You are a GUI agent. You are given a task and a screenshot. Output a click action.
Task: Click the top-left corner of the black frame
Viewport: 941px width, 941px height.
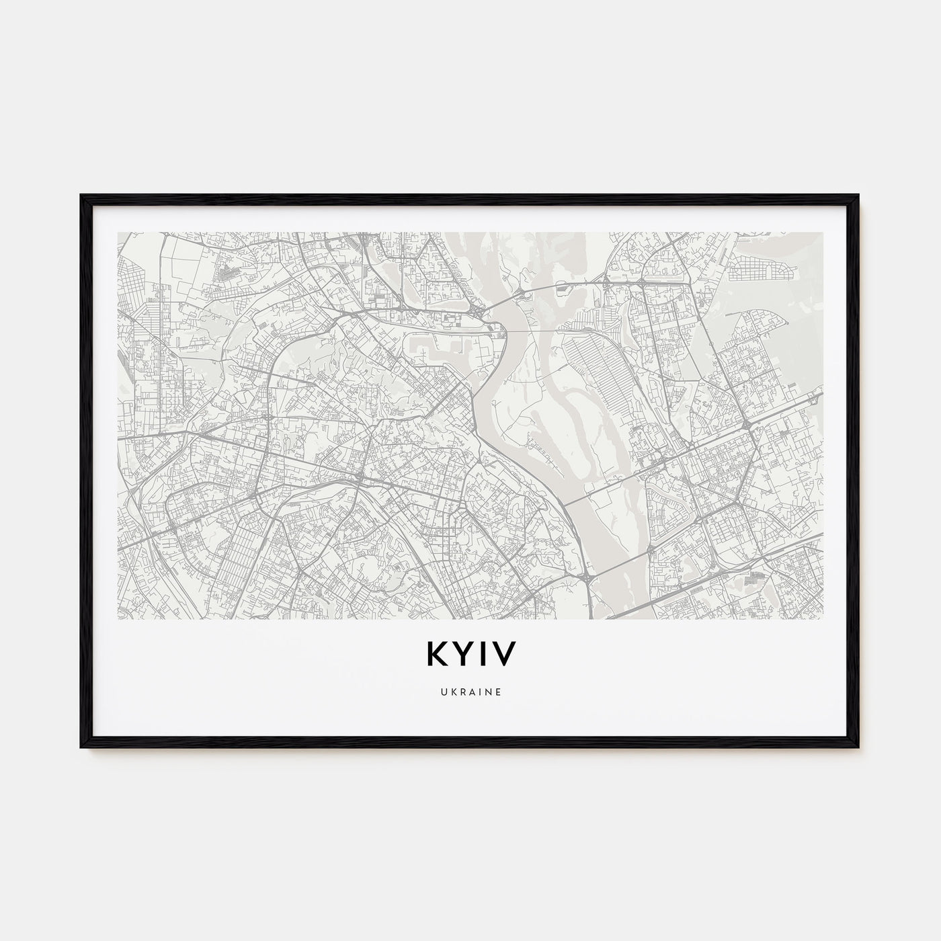point(82,196)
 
